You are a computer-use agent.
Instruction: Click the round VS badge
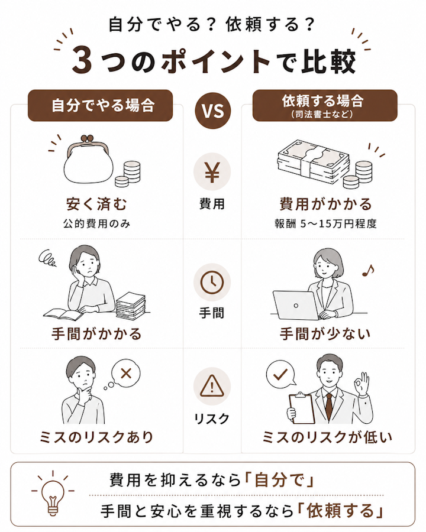213,111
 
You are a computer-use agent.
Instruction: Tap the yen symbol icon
212,172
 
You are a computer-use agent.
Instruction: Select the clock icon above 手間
212,283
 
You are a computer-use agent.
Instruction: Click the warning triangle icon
212,387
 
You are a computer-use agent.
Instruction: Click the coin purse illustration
89,160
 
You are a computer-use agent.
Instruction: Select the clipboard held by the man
302,408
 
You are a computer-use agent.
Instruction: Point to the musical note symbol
368,270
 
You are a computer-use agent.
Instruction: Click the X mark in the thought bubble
126,374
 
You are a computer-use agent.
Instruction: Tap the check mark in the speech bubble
280,374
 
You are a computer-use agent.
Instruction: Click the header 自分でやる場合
104,105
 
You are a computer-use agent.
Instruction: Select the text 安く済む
96,204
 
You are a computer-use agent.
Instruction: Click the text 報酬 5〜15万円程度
325,224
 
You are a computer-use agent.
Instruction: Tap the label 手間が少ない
325,334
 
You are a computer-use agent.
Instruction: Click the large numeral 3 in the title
82,61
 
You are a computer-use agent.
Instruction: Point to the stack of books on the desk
131,306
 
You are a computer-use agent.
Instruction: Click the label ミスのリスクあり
96,437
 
